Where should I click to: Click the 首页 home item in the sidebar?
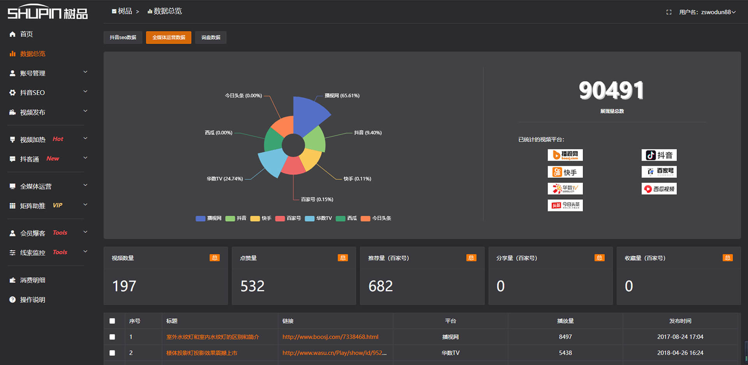coord(26,34)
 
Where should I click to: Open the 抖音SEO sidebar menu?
coord(32,93)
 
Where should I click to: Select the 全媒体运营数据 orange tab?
coord(168,37)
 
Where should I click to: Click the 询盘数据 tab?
coord(210,37)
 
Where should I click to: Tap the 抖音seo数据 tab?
coord(123,37)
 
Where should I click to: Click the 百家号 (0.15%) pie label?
coord(317,199)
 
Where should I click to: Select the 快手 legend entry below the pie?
coord(261,218)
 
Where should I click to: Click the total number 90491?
coord(611,90)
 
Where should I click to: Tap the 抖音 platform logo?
coord(659,155)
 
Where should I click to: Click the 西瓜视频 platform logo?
coord(659,189)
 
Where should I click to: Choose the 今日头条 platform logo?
coord(565,205)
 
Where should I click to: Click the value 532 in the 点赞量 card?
coord(252,286)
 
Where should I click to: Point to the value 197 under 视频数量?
coord(124,286)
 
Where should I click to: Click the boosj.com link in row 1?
coord(330,337)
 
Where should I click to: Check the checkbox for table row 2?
coord(112,353)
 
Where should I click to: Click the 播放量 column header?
coord(565,321)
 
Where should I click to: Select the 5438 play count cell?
coord(565,353)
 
